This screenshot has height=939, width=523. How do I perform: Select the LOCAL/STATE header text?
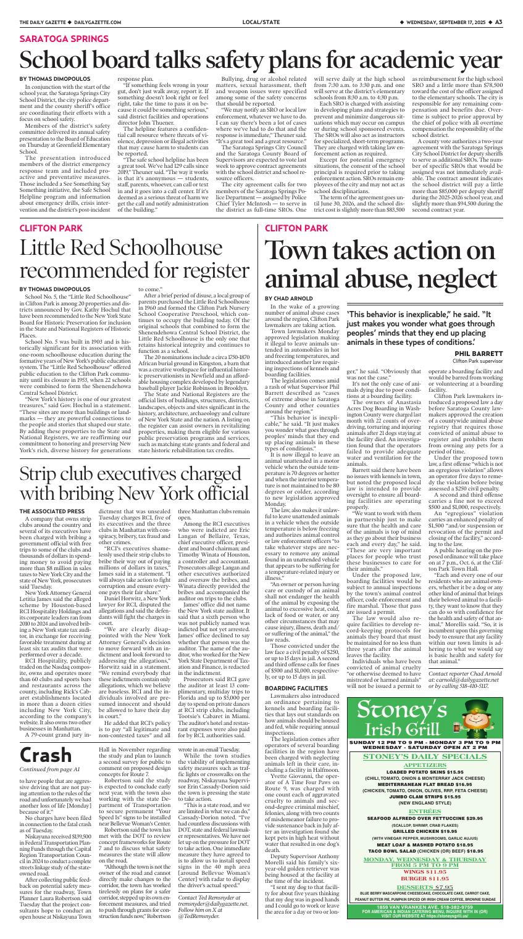click(261, 22)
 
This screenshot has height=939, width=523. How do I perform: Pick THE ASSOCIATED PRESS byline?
click(52, 494)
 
